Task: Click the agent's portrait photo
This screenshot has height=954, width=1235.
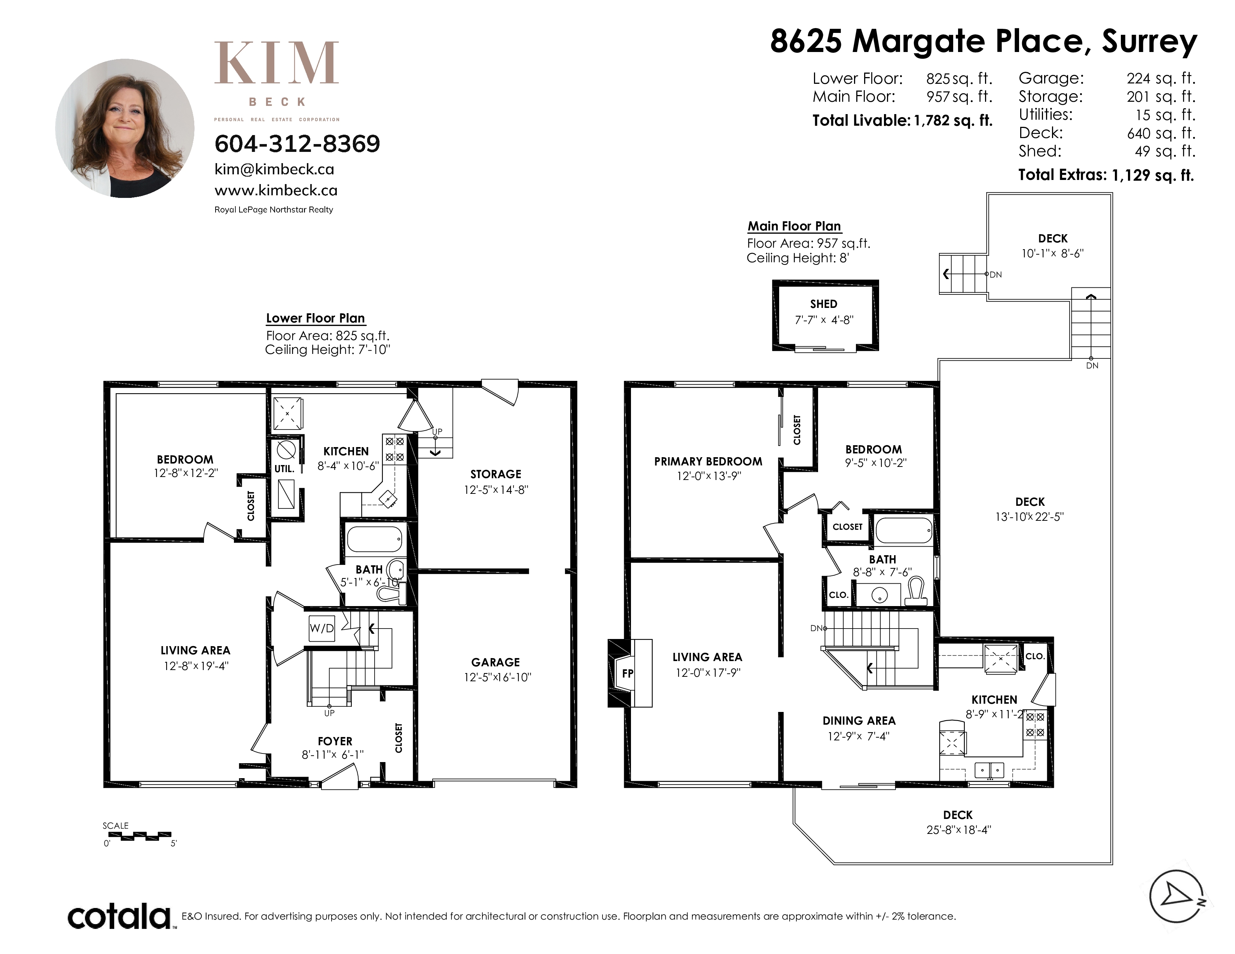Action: tap(125, 128)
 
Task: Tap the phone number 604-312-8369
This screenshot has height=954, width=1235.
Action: tap(297, 144)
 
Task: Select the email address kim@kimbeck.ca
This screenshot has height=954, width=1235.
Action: tap(274, 169)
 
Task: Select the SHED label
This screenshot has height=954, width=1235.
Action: tap(823, 304)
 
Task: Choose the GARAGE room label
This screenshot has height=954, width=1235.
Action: tap(495, 662)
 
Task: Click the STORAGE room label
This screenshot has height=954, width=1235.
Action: tap(496, 474)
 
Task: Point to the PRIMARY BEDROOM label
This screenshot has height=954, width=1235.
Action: tap(708, 461)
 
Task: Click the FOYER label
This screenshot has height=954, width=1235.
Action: tap(335, 741)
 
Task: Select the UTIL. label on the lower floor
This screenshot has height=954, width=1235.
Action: tap(284, 468)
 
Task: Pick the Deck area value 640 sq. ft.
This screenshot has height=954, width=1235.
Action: tap(1161, 134)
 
